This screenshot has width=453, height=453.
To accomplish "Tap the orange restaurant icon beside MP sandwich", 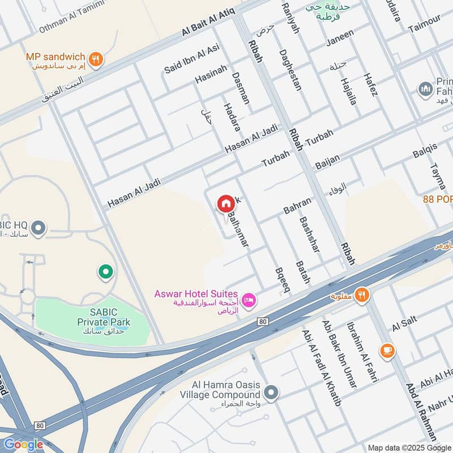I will (x=96, y=59).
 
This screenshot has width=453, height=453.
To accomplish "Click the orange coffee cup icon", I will (x=388, y=351).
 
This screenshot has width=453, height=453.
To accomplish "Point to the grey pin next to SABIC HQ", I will (x=39, y=229).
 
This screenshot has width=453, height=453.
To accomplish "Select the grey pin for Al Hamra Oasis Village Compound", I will (x=272, y=392).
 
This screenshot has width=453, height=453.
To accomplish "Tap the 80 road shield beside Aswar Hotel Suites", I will (x=262, y=322).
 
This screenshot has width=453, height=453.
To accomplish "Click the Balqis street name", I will (x=425, y=151).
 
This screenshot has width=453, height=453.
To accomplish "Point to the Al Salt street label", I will (x=404, y=324).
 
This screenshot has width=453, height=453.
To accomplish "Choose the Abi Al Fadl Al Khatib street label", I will (x=323, y=368).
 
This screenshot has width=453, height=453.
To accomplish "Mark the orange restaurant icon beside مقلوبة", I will (x=362, y=294).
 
